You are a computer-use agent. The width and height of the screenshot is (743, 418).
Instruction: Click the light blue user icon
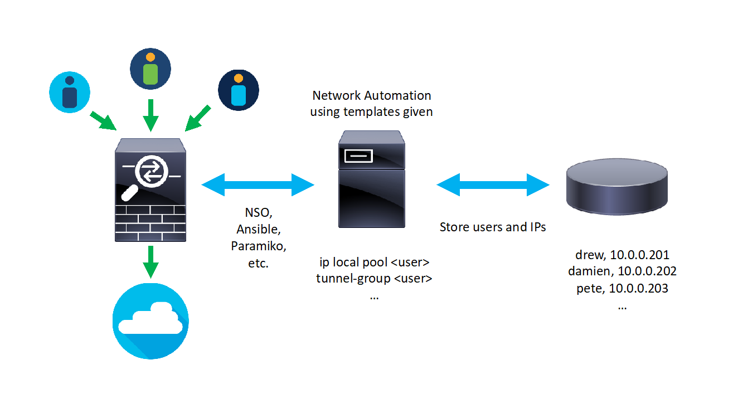[x=70, y=91]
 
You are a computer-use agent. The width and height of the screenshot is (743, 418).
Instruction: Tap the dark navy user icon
[x=239, y=90]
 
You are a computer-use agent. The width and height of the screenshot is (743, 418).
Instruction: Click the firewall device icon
[x=150, y=189]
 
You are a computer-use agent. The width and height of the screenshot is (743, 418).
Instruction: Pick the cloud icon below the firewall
[x=150, y=322]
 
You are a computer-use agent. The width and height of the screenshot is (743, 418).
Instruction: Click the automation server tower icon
[x=372, y=179]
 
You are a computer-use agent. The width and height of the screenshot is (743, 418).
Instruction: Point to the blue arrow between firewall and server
[x=258, y=184]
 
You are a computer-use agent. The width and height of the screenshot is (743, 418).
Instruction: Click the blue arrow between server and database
[x=493, y=184]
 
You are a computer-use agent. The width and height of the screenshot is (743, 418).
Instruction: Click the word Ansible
[x=258, y=229]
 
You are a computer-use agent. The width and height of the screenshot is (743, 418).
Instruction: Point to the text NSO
[x=258, y=212]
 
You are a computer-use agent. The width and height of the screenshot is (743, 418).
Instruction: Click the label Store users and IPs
[x=493, y=227]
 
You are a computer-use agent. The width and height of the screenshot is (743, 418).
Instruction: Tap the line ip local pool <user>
[x=374, y=262]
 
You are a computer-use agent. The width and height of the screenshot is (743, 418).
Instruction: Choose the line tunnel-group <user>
[x=374, y=279]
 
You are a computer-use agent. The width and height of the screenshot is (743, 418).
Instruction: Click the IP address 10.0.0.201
[x=639, y=255]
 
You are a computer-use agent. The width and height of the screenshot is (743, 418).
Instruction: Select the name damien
[x=586, y=271]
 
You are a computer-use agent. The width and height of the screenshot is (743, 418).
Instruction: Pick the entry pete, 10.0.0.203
[x=622, y=288]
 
